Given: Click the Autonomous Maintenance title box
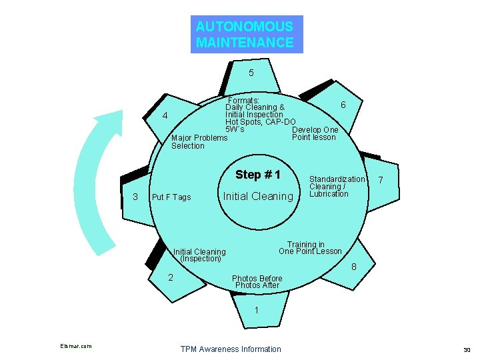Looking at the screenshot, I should pos(246,35).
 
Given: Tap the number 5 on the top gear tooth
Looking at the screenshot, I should pos(251,73).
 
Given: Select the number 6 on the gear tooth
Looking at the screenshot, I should pos(343,105).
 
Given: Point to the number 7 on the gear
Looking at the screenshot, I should pos(380,180).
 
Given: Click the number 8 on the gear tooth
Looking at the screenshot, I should pos(354,267).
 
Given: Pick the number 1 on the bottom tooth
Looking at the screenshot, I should pos(257,310).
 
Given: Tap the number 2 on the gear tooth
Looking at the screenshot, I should pos(171,277).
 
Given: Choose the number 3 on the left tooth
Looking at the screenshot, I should pos(135,196).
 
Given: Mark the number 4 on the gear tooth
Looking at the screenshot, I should pos(165,117).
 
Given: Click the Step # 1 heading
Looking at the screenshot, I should pos(258,175).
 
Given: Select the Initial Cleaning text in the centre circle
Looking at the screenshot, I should pos(257,196).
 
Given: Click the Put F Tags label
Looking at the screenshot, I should pos(171,197).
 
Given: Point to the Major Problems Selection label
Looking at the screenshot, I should pos(199,141).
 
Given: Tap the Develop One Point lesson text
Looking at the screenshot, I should pos(314,133).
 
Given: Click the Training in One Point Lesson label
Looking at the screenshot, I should pos(310,248).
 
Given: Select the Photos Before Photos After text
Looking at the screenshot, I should pos(257,281).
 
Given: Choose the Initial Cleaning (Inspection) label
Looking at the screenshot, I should pos(199,255).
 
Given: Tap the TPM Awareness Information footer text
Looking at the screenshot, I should pos(231,349).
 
